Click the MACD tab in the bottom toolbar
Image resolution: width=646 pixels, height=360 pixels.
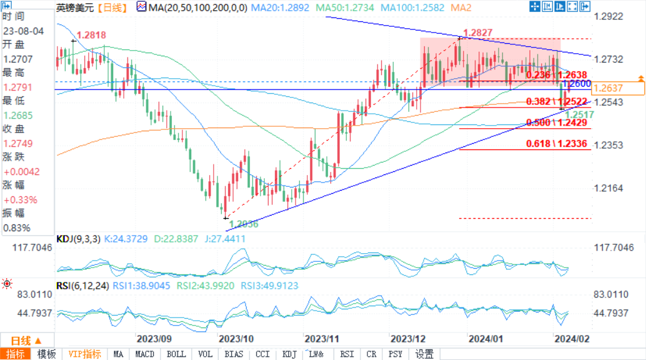coord(144,354)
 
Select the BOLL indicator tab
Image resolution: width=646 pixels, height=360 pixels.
coord(177,354)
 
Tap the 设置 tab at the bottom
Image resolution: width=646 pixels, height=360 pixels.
coord(425,354)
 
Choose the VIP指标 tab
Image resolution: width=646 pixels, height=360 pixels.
coord(84,354)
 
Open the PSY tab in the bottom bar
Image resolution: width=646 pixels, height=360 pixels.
coord(395,354)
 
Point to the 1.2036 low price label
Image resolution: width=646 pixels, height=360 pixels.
coord(243,223)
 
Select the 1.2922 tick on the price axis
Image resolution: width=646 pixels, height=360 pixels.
coord(610,16)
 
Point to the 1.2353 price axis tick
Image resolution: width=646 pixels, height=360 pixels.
coord(610,145)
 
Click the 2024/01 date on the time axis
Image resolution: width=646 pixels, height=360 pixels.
coord(485,339)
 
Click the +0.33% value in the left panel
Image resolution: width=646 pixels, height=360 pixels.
coord(19,199)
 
